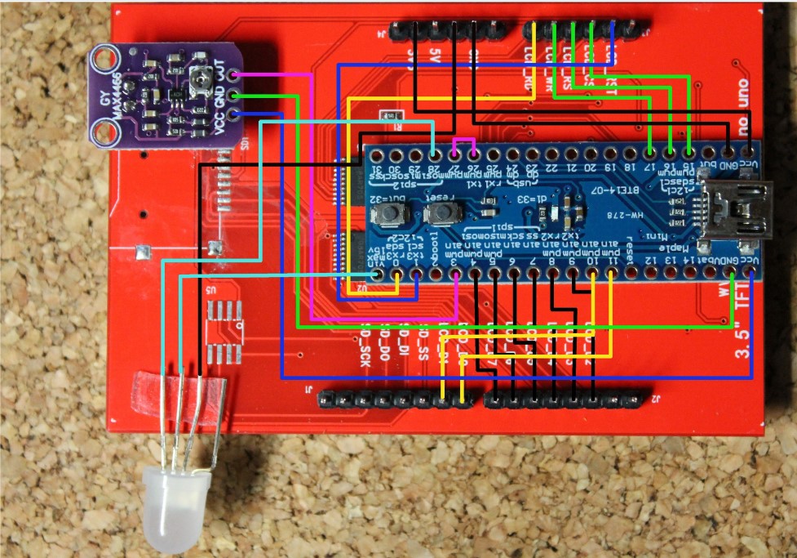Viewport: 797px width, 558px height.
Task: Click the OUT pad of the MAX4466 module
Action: (x=234, y=75)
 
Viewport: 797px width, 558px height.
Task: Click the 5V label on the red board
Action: (x=435, y=59)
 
